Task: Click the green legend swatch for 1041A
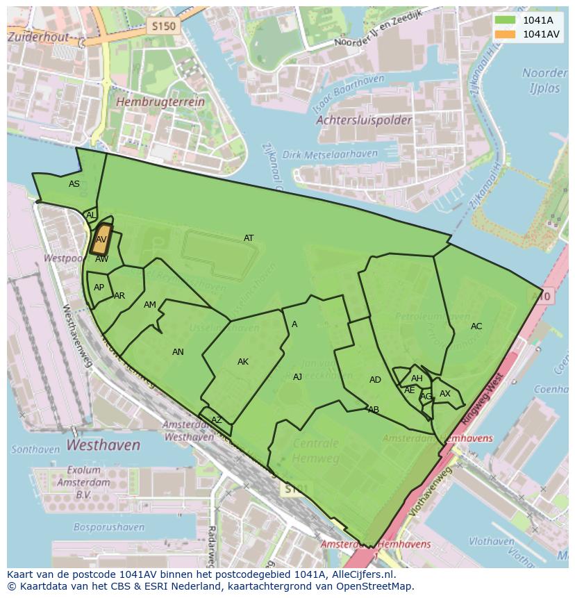[505, 20]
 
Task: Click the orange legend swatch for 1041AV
[505, 34]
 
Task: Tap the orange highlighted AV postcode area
[101, 239]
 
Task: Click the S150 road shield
[163, 26]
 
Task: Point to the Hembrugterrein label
[161, 101]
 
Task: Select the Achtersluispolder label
[364, 120]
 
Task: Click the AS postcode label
[74, 184]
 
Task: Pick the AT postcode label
[249, 238]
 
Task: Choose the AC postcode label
[476, 326]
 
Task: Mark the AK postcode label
[243, 361]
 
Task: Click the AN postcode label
[178, 352]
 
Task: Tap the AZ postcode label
[217, 420]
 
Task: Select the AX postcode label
[445, 394]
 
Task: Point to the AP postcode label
[99, 288]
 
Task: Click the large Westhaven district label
[103, 445]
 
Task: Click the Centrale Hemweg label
[315, 450]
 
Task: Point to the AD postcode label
[375, 379]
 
